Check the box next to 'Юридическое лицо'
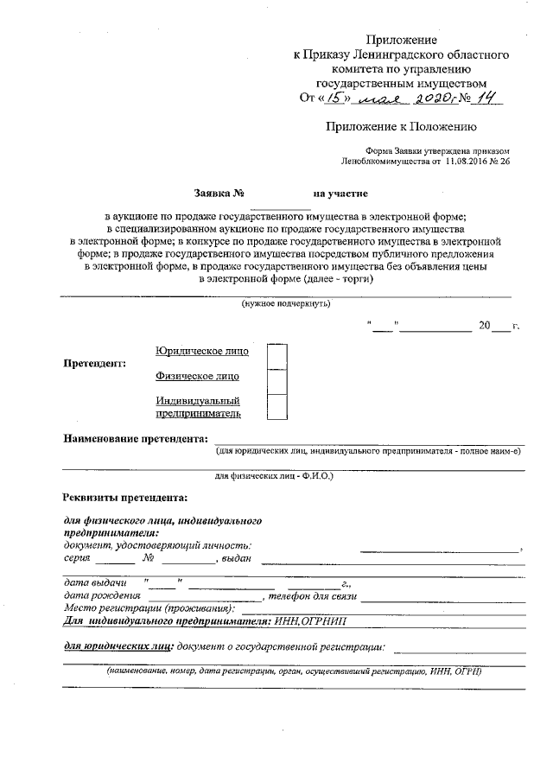tap(276, 355)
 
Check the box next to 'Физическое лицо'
tap(276, 380)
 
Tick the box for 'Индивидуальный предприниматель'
tap(276, 406)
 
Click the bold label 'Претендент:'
tap(95, 363)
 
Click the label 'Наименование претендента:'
tap(136, 439)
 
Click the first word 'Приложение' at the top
tap(402, 41)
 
